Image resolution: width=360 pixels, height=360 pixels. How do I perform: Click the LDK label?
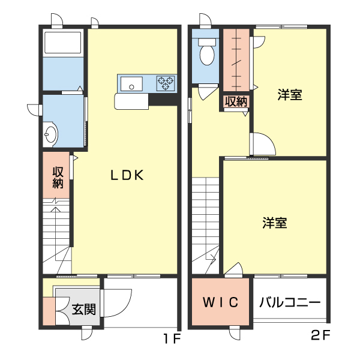127,175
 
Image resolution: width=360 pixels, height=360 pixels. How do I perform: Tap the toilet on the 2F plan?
207,52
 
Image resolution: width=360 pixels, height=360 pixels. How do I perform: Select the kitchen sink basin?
131,83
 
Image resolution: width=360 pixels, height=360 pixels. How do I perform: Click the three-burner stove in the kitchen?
166,83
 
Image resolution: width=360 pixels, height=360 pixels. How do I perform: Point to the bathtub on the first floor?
62,43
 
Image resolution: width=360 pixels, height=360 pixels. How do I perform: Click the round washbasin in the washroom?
51,134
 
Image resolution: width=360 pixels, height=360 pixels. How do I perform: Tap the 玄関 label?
84,310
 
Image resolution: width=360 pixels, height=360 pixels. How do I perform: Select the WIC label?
221,302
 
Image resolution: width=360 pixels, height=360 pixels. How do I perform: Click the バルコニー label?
290,302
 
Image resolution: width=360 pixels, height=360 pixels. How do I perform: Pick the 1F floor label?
172,338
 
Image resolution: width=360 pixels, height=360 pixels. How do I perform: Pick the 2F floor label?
321,336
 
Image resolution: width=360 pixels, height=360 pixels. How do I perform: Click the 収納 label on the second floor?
236,101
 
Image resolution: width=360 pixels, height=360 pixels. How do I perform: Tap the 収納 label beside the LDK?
58,178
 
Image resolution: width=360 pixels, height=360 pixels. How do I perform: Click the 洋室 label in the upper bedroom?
290,94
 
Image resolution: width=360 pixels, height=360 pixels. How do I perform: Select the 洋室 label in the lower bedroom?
275,223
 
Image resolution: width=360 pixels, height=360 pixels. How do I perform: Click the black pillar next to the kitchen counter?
163,100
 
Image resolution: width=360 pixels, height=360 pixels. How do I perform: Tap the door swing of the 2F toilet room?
208,92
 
